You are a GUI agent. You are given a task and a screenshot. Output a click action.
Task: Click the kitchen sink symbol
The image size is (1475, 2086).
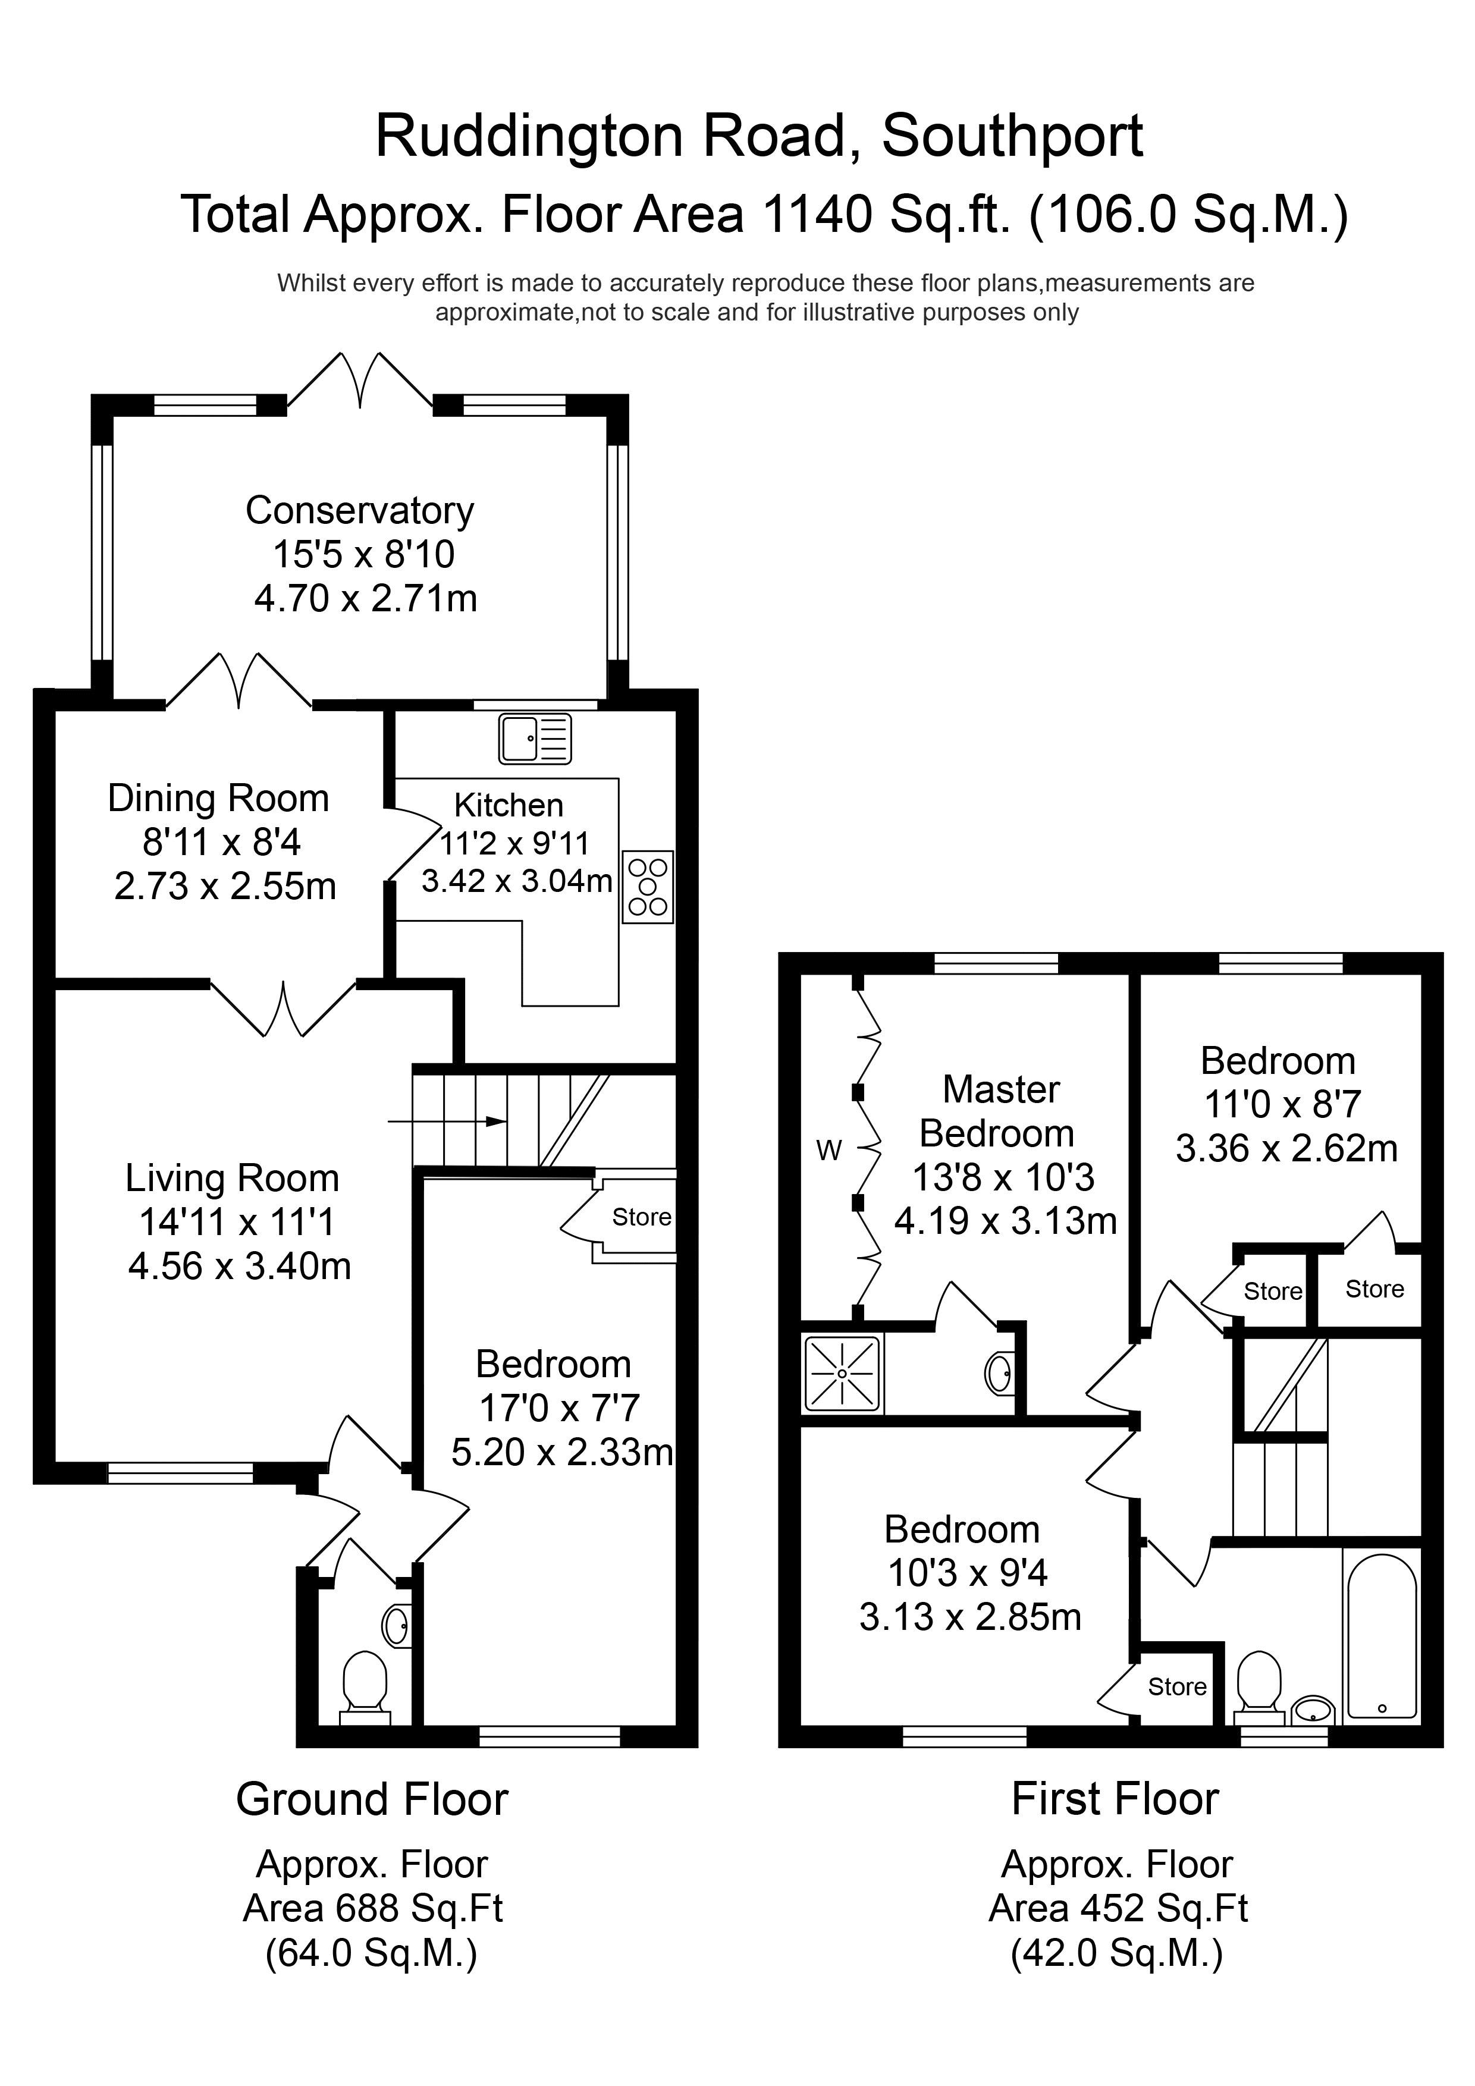pos(535,738)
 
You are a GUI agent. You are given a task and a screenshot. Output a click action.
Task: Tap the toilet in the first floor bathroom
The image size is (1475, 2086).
pos(1260,1687)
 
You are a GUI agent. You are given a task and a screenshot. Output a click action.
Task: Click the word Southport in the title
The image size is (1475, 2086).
pos(1012,136)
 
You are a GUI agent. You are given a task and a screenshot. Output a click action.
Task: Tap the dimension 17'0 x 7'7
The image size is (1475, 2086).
pos(560,1408)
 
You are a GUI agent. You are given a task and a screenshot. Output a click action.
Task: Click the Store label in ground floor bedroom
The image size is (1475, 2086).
pos(642,1217)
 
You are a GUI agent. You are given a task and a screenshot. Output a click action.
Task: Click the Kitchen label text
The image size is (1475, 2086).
pos(509,805)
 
